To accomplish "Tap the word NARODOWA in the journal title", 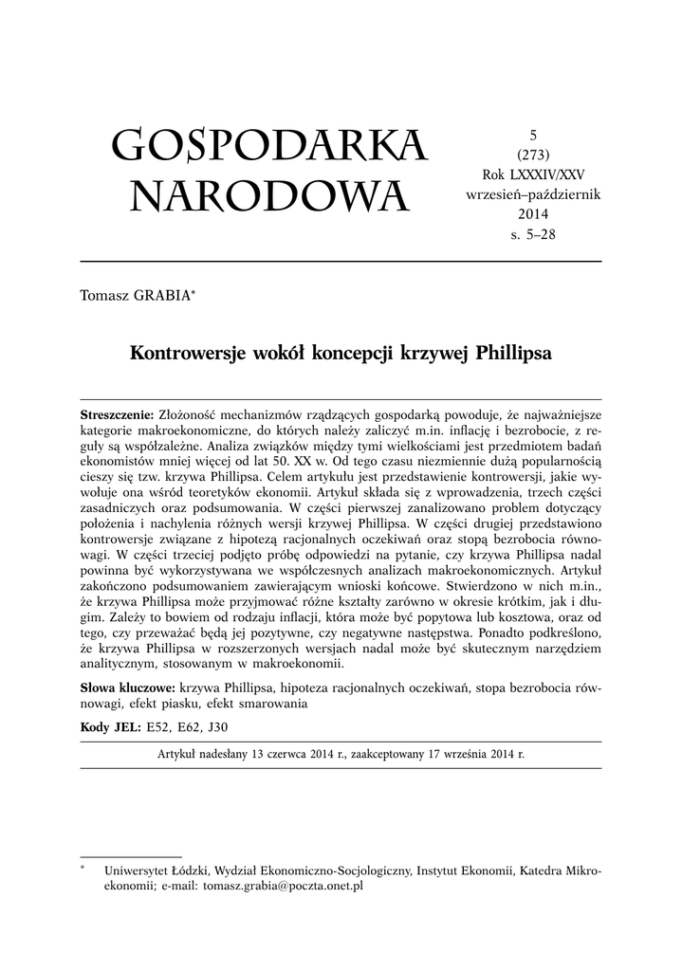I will [269, 197].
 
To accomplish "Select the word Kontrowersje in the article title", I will [182, 353].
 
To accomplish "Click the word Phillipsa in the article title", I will [513, 353].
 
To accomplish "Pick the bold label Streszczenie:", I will [118, 415].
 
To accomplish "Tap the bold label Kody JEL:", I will [109, 727].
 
